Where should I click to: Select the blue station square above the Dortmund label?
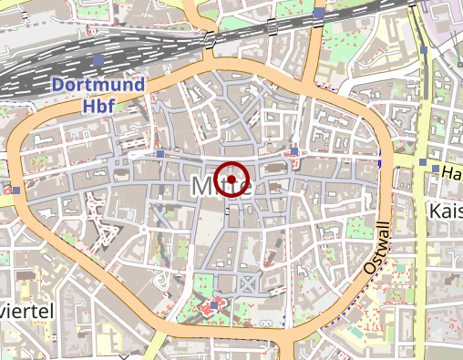click(x=98, y=60)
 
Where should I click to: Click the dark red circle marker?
click(x=232, y=180)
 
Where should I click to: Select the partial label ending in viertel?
click(x=27, y=311)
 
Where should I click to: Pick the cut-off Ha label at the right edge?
click(x=450, y=171)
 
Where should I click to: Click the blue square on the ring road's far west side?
click(x=16, y=190)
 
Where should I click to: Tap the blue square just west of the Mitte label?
click(x=160, y=155)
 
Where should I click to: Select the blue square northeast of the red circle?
click(x=294, y=151)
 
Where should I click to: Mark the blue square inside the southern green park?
click(x=215, y=304)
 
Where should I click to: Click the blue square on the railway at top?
click(x=318, y=13)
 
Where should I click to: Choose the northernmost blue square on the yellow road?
click(x=424, y=162)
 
